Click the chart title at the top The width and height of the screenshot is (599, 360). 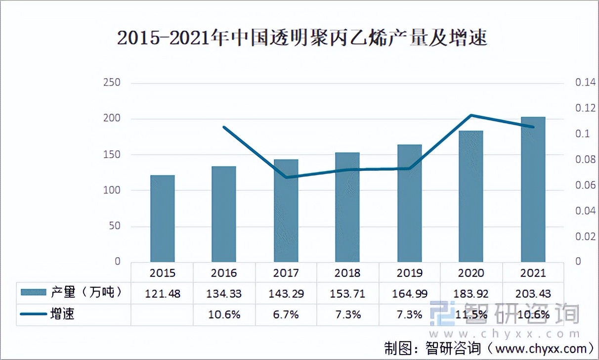(302, 38)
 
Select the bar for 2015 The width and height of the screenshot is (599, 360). (162, 218)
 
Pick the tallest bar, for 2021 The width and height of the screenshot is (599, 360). (533, 189)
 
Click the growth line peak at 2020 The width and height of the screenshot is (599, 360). (471, 115)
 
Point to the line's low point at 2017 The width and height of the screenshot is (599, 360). (286, 177)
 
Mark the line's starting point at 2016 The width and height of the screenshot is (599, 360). (224, 127)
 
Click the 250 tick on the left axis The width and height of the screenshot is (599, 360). (112, 83)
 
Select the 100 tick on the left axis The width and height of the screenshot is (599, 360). (112, 190)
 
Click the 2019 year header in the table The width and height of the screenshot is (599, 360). (410, 273)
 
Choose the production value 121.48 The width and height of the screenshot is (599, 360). (163, 294)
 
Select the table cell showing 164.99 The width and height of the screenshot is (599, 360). (410, 294)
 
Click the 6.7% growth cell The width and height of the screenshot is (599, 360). (286, 315)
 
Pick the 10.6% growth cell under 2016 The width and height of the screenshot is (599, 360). (224, 315)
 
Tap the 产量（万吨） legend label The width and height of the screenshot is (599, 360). (86, 293)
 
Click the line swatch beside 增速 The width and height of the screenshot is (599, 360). (34, 314)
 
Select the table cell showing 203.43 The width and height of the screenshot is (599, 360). (533, 294)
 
